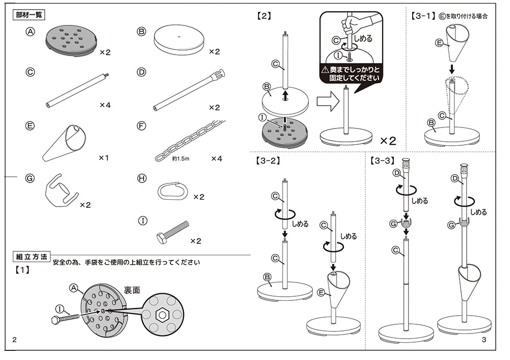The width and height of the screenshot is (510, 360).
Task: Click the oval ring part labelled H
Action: click(x=174, y=192)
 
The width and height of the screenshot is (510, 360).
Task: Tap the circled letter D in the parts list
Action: click(x=142, y=72)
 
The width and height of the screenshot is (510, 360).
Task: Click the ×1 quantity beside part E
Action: click(x=104, y=158)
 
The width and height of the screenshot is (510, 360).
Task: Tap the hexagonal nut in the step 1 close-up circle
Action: click(x=161, y=314)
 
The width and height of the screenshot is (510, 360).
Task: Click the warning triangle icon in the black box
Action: click(x=325, y=69)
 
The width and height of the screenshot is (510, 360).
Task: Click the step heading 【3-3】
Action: click(x=382, y=161)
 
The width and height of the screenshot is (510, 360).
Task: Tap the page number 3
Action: click(x=484, y=340)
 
